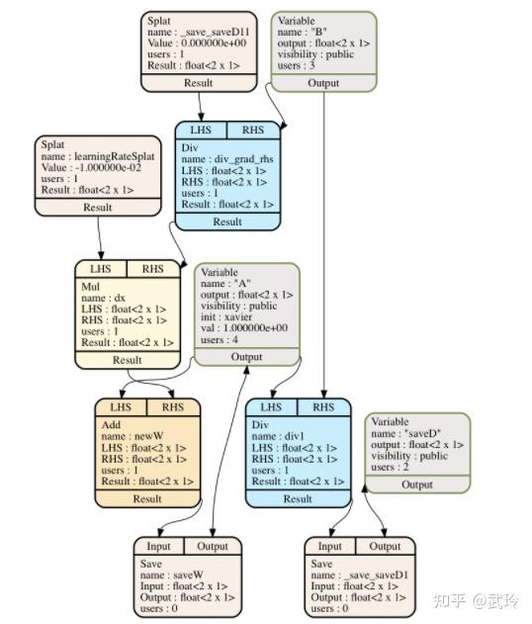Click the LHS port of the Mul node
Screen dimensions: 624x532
pyautogui.click(x=101, y=268)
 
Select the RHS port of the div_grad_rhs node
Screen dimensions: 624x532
pyautogui.click(x=252, y=131)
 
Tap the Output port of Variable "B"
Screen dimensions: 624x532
pyautogui.click(x=323, y=83)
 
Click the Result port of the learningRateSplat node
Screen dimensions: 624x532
pyautogui.click(x=99, y=209)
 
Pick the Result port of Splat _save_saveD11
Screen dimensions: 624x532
pyautogui.click(x=198, y=83)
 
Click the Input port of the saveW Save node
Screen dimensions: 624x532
pyautogui.click(x=158, y=546)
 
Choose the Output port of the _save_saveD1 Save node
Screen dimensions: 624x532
pyautogui.click(x=385, y=546)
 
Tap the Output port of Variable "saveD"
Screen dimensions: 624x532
pyautogui.click(x=416, y=485)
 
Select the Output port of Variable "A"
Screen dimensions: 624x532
pyautogui.click(x=246, y=356)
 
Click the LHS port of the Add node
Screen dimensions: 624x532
pyautogui.click(x=120, y=406)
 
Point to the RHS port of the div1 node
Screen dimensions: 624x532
pyautogui.click(x=323, y=406)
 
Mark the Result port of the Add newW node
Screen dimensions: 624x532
pyautogui.click(x=146, y=499)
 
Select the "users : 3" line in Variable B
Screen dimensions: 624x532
pyautogui.click(x=303, y=64)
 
